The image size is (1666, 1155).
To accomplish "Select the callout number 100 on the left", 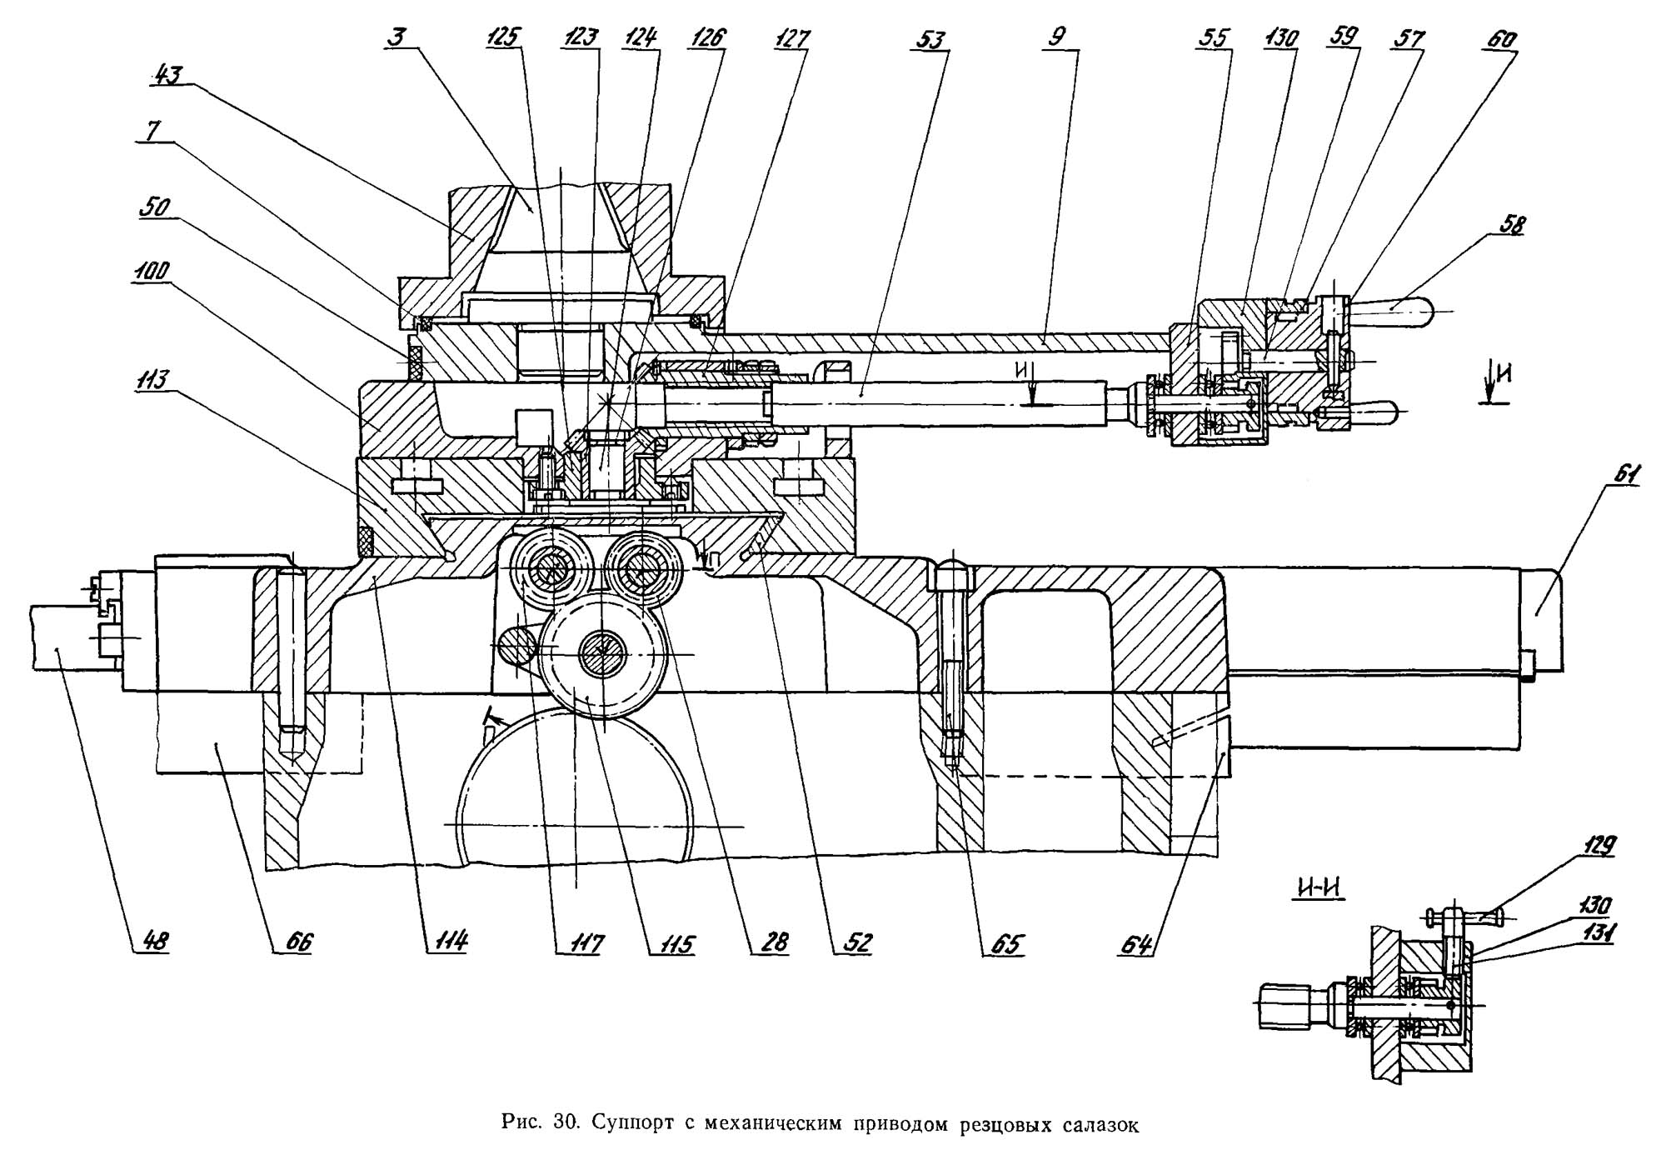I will click(x=153, y=271).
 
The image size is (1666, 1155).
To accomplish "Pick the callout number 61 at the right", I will click(x=1624, y=475).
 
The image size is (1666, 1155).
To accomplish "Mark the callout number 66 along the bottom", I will click(x=298, y=942).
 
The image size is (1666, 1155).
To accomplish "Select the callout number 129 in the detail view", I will click(x=1597, y=846).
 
